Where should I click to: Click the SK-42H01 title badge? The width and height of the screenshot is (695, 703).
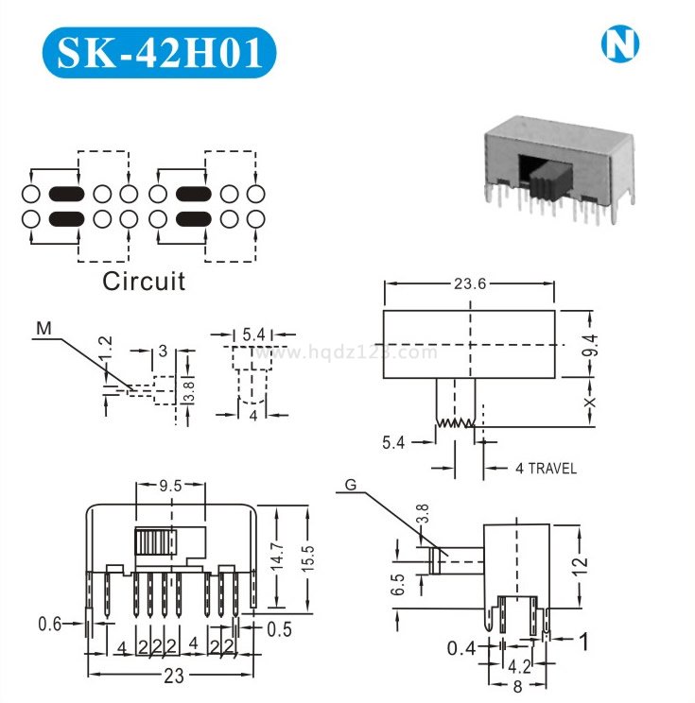point(160,53)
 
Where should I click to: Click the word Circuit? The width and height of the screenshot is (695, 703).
point(144,281)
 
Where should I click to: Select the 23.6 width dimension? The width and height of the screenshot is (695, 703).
point(470,283)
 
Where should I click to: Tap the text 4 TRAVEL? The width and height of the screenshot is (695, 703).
point(546,468)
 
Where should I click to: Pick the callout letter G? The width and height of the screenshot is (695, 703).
point(351,486)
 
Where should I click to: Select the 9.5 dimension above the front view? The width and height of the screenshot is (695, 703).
point(170,488)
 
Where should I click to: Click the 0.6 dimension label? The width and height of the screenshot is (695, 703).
point(51,624)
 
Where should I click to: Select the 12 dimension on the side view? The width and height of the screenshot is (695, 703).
point(581,565)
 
